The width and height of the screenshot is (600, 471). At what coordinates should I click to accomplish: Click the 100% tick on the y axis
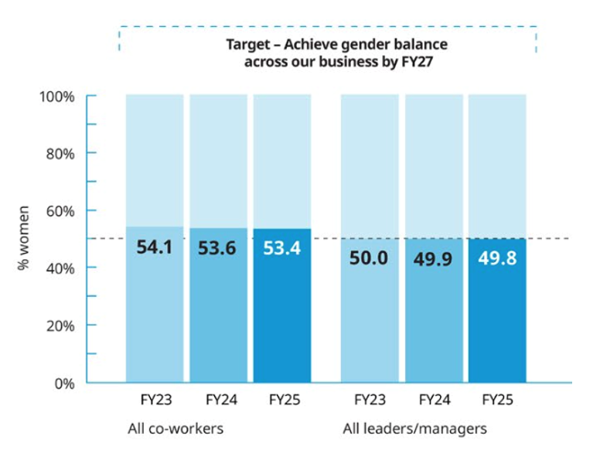pyautogui.click(x=57, y=97)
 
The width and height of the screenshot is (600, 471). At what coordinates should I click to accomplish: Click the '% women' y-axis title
pyautogui.click(x=24, y=238)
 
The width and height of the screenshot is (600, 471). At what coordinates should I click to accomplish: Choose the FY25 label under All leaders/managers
pyautogui.click(x=496, y=401)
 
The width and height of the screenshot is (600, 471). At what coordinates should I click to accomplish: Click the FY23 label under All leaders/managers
pyautogui.click(x=370, y=401)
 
